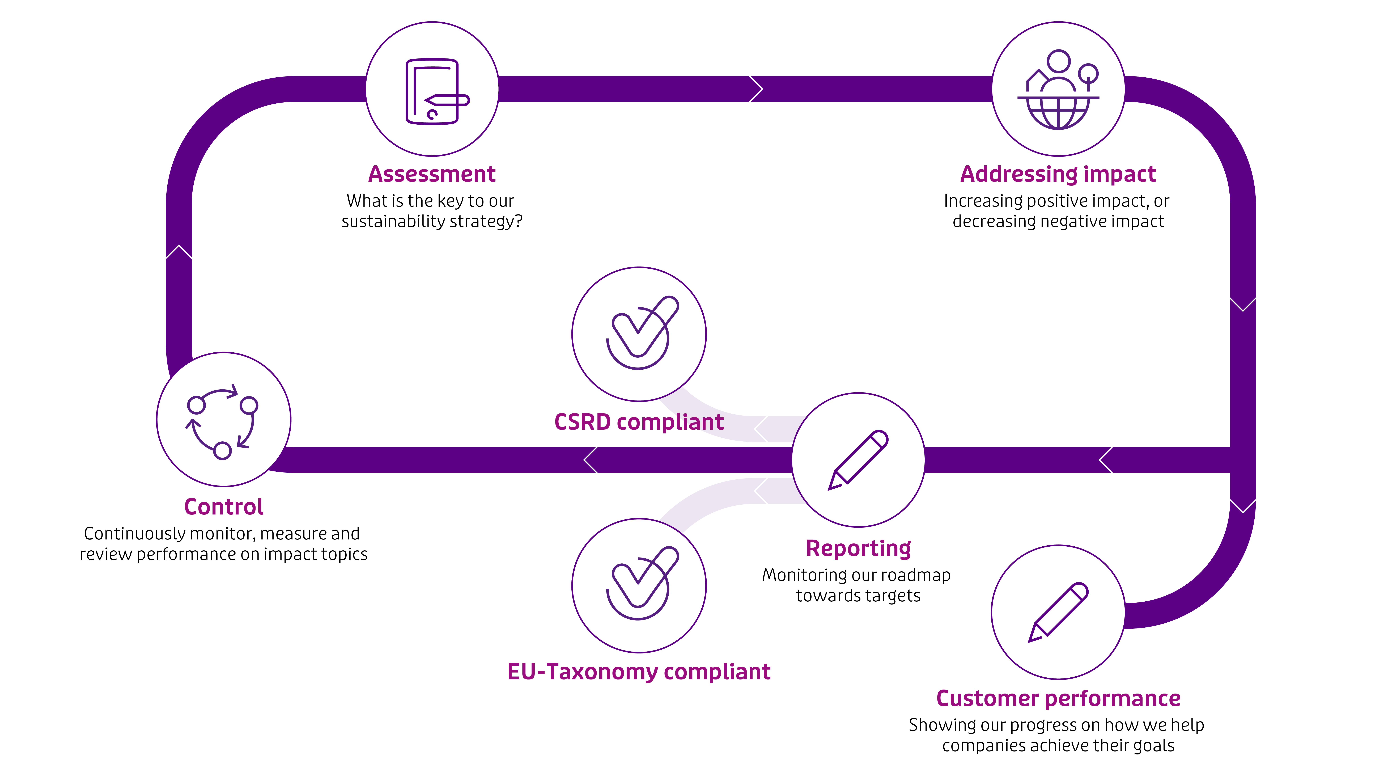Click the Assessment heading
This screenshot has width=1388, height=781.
[432, 174]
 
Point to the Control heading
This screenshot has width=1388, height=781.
[224, 507]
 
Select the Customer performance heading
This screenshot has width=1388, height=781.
[1058, 699]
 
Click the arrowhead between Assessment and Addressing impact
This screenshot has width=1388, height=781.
[756, 89]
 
